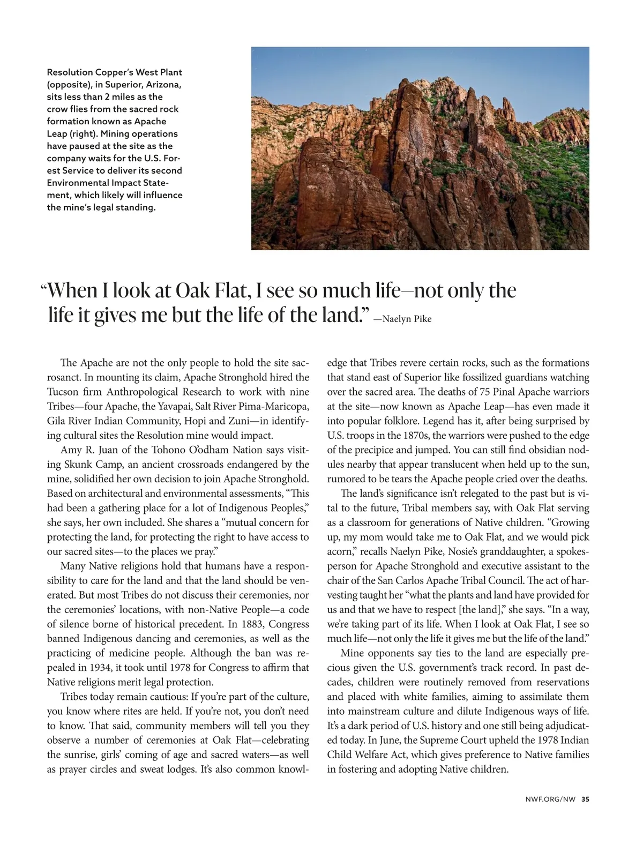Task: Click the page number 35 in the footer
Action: point(585,798)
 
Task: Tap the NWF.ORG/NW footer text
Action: point(550,798)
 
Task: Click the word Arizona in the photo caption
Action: point(164,85)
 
